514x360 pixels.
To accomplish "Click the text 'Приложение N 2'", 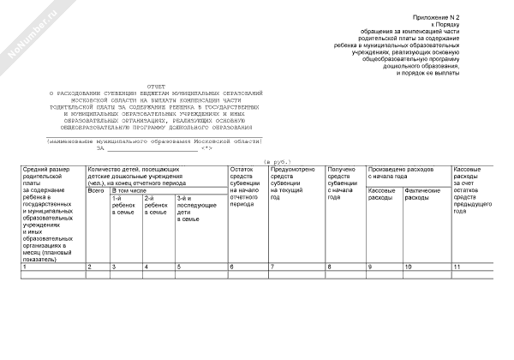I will [437, 18].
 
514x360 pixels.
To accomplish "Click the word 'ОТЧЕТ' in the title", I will [156, 86].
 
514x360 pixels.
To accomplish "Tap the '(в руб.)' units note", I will [277, 160].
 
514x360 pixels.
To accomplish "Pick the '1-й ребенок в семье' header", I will [124, 205].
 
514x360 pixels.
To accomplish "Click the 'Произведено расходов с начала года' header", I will [403, 173].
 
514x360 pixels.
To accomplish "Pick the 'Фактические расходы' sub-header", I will [421, 194].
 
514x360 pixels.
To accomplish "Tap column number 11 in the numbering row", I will [457, 267].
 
